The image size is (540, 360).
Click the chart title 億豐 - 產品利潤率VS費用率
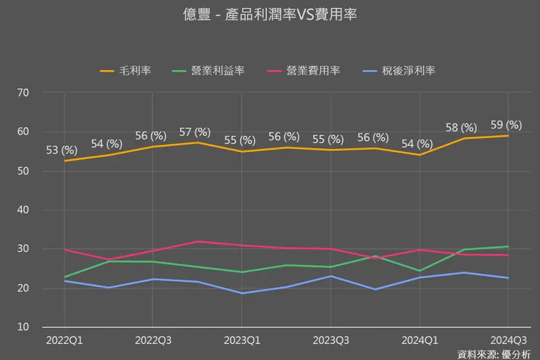pos(270,15)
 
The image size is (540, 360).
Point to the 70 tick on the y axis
pos(23,93)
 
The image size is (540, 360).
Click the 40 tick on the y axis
pos(23,210)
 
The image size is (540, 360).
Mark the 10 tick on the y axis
pos(23,327)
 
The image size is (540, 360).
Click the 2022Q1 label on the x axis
pos(64,340)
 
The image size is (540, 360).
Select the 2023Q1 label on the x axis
pos(242,340)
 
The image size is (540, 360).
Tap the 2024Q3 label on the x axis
pos(508,340)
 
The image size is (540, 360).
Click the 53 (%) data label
pos(62,150)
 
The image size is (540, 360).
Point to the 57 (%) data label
pos(195,132)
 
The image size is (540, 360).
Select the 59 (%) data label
pos(506,125)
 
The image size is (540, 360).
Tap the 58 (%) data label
pos(461,128)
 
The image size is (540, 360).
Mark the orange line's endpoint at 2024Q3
pos(508,136)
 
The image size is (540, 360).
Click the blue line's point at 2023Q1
pos(242,293)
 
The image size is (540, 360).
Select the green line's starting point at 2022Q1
pos(64,277)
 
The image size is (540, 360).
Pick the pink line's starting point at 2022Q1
pos(64,250)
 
